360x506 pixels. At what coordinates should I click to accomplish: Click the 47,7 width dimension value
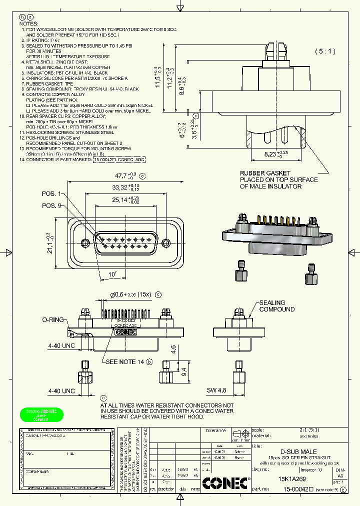[119, 176]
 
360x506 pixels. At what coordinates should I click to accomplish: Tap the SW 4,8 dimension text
[216, 390]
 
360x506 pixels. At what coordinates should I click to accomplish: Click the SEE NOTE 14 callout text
[124, 361]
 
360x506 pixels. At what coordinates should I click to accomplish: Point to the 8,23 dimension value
[273, 155]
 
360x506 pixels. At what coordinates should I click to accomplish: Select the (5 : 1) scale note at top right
[325, 51]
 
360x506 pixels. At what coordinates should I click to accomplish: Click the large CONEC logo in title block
[225, 483]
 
